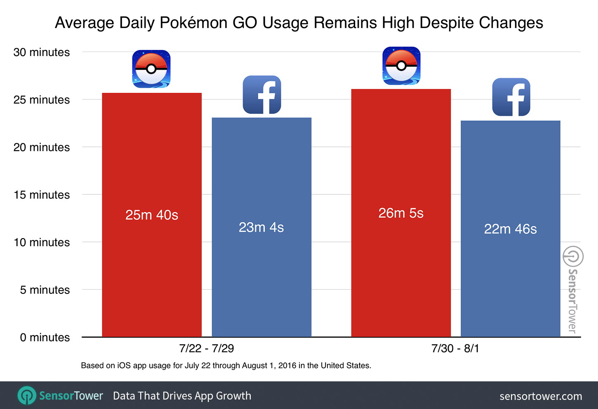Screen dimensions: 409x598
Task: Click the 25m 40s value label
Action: point(152,215)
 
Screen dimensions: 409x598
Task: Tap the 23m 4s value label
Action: point(261,227)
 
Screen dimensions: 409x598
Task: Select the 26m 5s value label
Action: point(401,213)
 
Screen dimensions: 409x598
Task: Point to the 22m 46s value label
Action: point(510,229)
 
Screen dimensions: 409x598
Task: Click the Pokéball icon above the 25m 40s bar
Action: point(151,69)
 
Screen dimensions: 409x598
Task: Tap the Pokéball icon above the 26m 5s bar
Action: point(401,66)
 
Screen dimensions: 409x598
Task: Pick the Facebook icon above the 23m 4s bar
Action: point(262,95)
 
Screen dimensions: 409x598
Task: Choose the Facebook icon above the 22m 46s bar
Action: point(511,97)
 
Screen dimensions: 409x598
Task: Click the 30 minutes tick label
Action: point(42,52)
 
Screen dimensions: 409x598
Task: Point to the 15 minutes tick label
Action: point(42,195)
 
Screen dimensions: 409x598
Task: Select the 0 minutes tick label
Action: point(45,338)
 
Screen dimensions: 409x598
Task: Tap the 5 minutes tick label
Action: point(45,290)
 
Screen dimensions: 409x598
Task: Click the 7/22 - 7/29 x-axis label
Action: point(207,349)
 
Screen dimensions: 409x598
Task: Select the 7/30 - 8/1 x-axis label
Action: point(455,349)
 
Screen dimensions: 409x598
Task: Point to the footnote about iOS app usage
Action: point(226,366)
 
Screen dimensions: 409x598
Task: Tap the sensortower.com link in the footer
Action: point(541,396)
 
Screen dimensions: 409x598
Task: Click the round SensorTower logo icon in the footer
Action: point(27,396)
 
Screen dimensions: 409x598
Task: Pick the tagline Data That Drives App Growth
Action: point(182,396)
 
